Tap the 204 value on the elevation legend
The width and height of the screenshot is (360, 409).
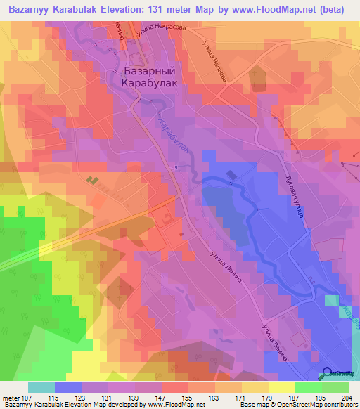point(347,398)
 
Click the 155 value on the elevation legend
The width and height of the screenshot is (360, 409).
point(188,398)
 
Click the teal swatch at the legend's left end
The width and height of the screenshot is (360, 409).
point(41,387)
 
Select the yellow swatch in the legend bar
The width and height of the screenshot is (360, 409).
point(281,387)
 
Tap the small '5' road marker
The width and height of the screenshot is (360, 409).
point(176,167)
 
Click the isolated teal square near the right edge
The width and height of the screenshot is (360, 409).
point(332,301)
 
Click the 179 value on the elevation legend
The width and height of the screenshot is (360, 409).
point(267,398)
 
